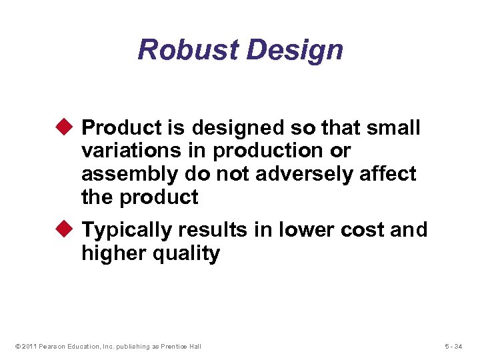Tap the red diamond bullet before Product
(68, 127)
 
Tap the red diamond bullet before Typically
(68, 229)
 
